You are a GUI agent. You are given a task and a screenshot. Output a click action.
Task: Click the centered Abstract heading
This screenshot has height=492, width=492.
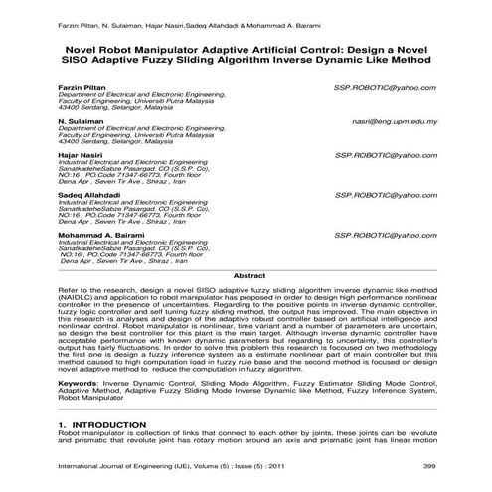click(247, 274)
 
